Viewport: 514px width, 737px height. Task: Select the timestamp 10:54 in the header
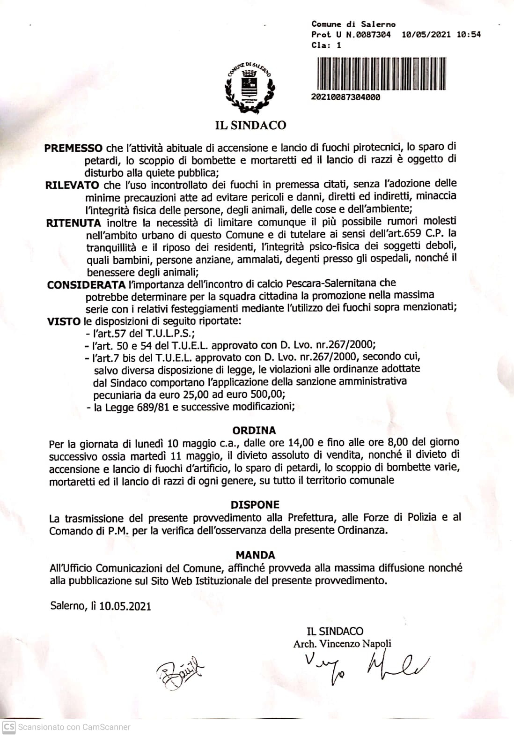click(470, 35)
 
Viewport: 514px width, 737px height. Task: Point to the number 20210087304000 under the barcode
click(345, 97)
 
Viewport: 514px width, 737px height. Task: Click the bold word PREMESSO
click(73, 149)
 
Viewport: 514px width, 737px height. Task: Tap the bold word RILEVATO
click(72, 185)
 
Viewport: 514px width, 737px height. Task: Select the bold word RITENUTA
click(73, 223)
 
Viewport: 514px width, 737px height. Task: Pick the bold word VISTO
click(64, 321)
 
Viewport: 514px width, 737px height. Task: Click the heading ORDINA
click(254, 430)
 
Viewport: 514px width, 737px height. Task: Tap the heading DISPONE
click(255, 505)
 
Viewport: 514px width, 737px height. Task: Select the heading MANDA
click(255, 555)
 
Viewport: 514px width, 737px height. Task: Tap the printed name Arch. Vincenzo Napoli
click(342, 644)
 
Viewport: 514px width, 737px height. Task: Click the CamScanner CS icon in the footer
click(9, 727)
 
